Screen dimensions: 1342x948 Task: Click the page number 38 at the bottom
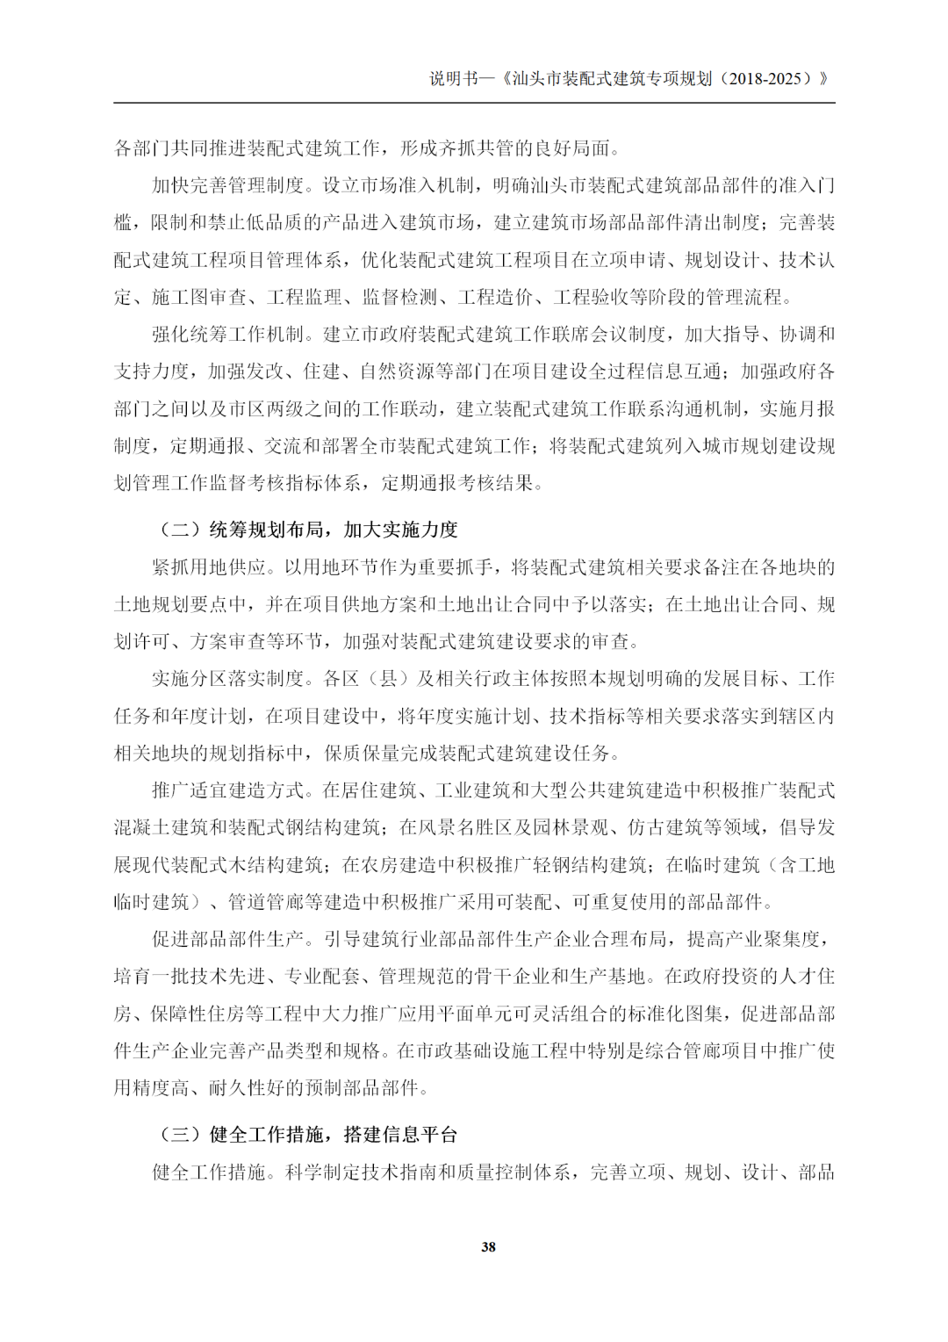(x=488, y=1246)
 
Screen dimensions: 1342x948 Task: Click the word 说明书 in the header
(x=453, y=78)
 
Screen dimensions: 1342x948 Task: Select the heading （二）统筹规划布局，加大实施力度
(x=307, y=530)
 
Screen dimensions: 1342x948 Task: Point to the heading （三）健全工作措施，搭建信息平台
(x=307, y=1135)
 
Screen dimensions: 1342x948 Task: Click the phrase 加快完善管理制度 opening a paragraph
(x=227, y=185)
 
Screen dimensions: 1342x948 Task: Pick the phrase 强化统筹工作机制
(x=227, y=334)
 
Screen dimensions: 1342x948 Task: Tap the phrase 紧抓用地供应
(x=208, y=567)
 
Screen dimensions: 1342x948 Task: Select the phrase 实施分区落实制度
(x=227, y=679)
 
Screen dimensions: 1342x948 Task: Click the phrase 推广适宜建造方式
(x=227, y=790)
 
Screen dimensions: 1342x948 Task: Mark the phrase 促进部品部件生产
(x=227, y=939)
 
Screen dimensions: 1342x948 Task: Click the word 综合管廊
(x=664, y=1050)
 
